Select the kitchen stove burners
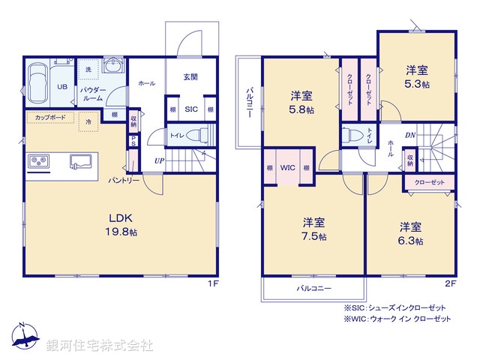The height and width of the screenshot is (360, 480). (39, 161)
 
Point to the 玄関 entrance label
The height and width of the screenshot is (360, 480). (190, 76)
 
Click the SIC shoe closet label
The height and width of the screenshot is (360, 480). (190, 109)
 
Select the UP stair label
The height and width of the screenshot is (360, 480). (160, 160)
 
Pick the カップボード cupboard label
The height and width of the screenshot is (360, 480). (49, 118)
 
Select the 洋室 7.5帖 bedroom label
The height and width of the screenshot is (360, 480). (314, 229)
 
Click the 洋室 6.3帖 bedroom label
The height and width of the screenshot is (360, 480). (410, 233)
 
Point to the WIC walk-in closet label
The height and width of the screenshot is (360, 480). (287, 168)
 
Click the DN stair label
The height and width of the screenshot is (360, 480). (410, 135)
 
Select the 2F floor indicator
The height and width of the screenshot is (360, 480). (451, 283)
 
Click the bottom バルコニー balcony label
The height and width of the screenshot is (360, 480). (313, 287)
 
